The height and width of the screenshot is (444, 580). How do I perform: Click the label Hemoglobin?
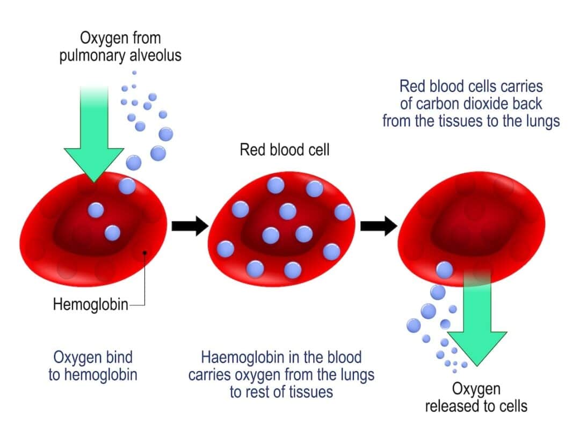click(90, 305)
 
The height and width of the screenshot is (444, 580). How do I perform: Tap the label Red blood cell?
click(284, 150)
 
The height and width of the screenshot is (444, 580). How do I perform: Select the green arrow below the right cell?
click(476, 322)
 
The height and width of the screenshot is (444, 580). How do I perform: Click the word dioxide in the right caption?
click(485, 104)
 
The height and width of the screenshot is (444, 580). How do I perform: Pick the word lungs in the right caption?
click(540, 121)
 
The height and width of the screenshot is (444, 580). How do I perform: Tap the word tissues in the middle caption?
click(308, 392)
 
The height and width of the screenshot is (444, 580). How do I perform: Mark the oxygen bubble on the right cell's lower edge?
click(444, 270)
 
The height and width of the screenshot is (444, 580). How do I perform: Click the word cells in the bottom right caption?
click(511, 406)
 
